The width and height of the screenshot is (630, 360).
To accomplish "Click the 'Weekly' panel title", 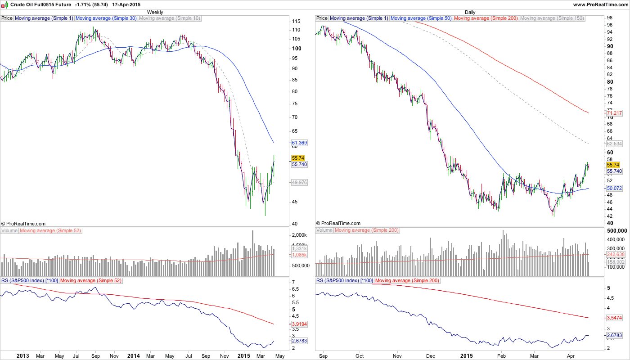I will click(x=155, y=12).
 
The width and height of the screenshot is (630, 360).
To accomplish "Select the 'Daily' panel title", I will click(x=470, y=12).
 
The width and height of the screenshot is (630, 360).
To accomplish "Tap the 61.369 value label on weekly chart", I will click(x=299, y=143).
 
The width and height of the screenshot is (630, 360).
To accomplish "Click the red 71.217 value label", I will click(x=614, y=113).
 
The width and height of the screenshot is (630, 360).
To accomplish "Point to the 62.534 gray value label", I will click(x=614, y=144).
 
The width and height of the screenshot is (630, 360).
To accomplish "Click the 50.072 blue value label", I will click(x=614, y=188).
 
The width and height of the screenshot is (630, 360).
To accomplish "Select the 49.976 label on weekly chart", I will click(x=299, y=182).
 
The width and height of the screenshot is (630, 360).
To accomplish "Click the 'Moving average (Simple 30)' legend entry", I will click(x=106, y=18).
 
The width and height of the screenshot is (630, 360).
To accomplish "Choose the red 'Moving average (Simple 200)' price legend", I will click(x=486, y=18).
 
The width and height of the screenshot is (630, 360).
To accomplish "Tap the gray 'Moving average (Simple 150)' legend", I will click(x=552, y=18).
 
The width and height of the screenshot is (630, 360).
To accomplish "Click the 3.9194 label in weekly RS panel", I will click(x=299, y=324).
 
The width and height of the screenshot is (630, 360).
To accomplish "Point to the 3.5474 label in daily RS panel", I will click(x=614, y=318).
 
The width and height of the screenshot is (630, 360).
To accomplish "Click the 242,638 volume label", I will click(x=616, y=255).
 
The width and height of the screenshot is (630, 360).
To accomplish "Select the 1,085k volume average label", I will click(x=299, y=255).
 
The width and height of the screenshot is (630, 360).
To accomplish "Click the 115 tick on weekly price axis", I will click(x=296, y=22).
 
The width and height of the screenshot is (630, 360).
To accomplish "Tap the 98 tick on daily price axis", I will click(x=610, y=18).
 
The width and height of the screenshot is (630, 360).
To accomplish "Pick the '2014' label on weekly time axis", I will click(x=133, y=355).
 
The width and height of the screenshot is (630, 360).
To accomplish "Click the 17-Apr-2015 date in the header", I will click(x=127, y=4).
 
